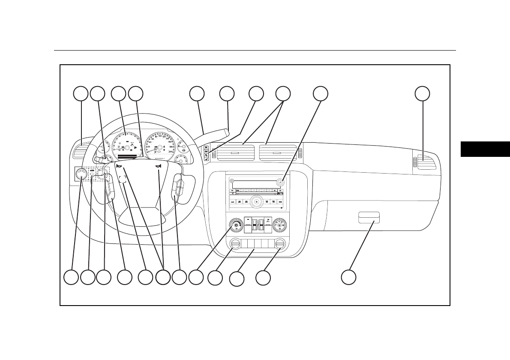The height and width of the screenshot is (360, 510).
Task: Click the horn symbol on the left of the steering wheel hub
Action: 119,166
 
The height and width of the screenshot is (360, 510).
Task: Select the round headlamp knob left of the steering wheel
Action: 81,174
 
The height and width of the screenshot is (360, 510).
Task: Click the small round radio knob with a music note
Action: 280,182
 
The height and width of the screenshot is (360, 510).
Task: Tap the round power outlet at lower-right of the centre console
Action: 279,245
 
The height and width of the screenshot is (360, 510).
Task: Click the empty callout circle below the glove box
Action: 348,277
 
